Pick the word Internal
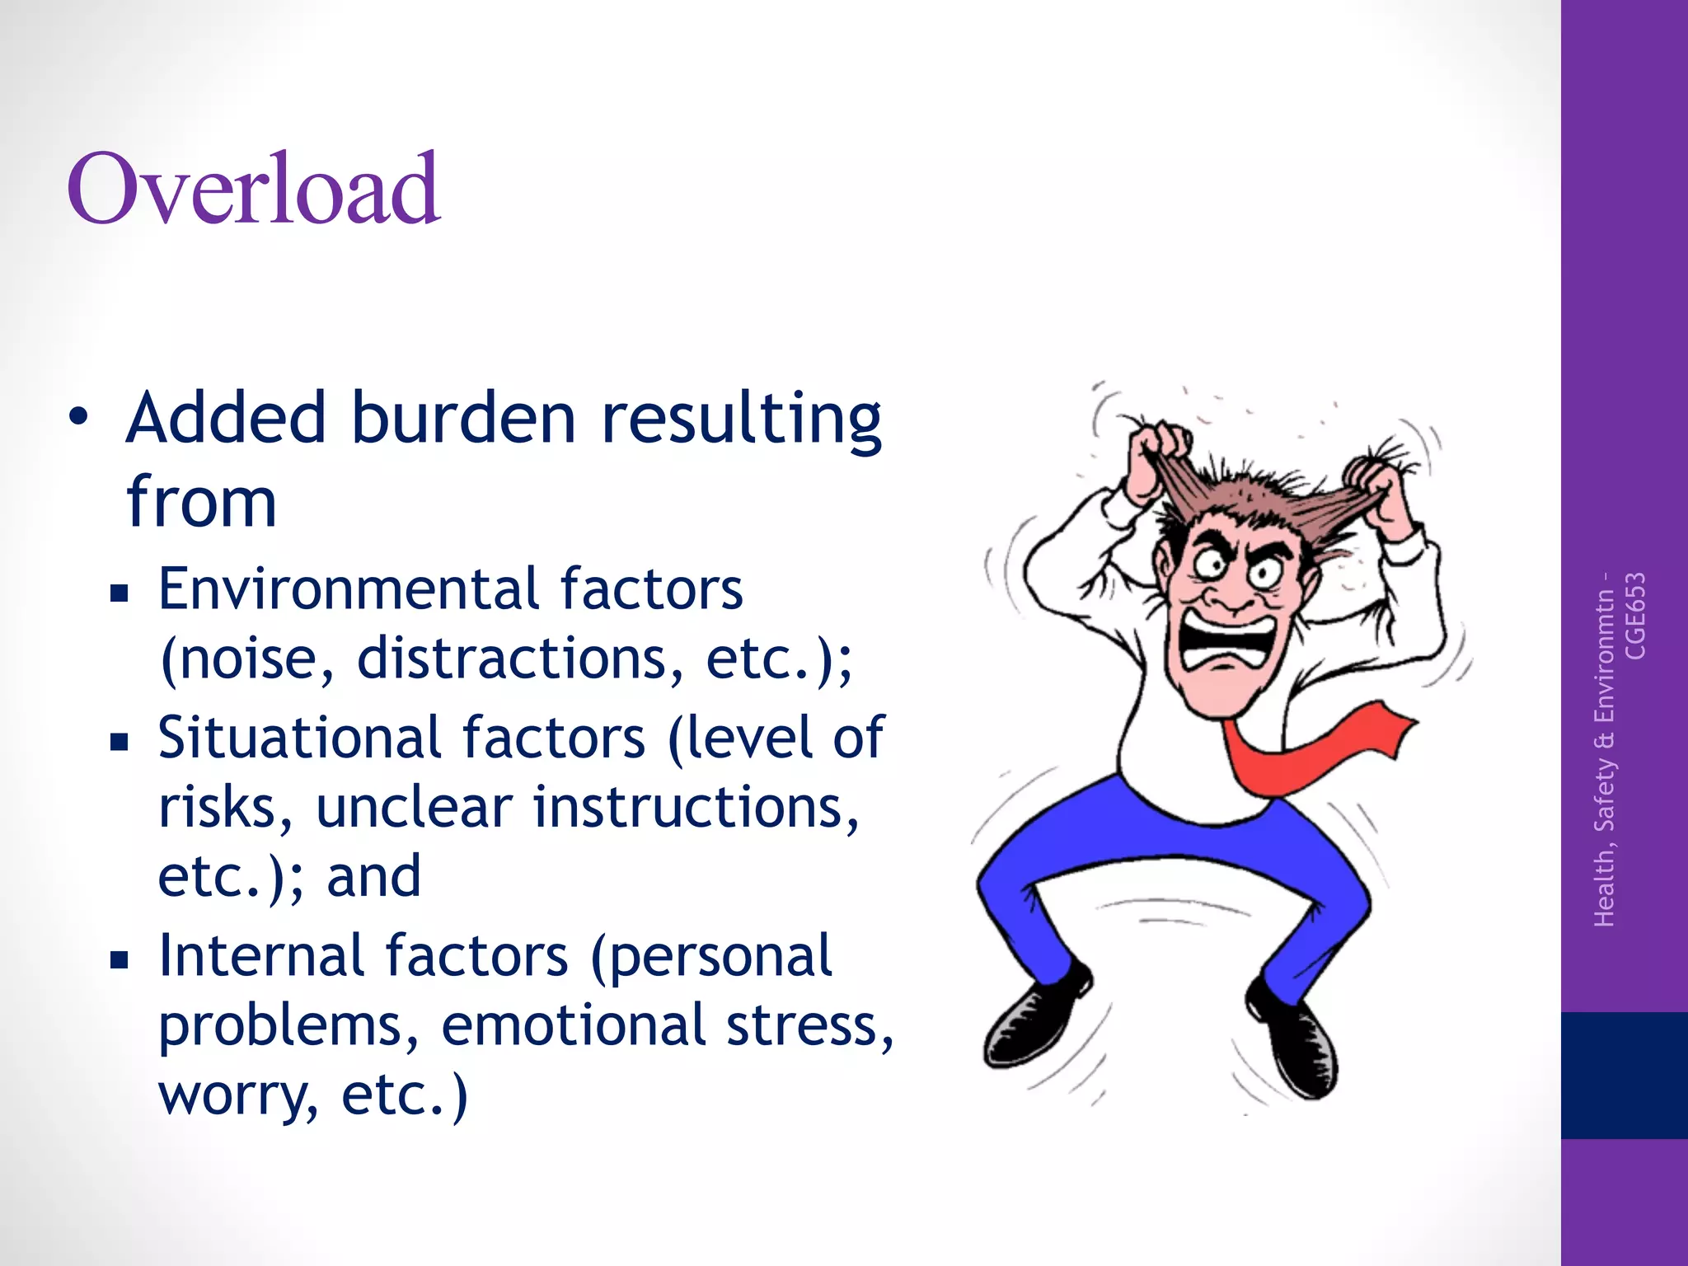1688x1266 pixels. pyautogui.click(x=260, y=955)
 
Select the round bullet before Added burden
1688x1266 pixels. pyautogui.click(x=77, y=417)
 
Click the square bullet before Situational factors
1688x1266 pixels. pyautogui.click(x=120, y=741)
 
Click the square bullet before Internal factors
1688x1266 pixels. pyautogui.click(x=120, y=959)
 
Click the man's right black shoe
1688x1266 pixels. pyautogui.click(x=1294, y=1039)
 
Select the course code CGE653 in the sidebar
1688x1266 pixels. pyautogui.click(x=1634, y=616)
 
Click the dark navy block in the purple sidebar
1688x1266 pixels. pyautogui.click(x=1624, y=1075)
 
